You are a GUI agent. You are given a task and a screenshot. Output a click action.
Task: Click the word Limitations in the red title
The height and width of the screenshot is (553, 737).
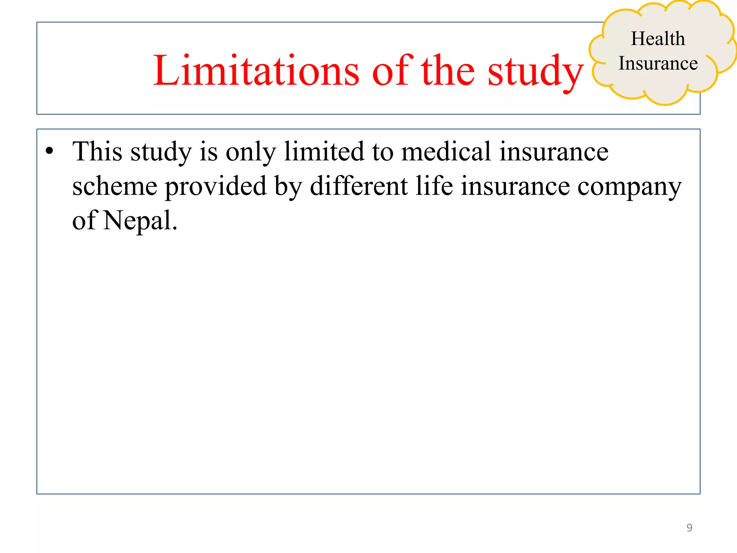[x=256, y=71]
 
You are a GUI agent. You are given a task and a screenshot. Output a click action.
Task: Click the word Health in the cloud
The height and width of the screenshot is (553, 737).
[x=658, y=39]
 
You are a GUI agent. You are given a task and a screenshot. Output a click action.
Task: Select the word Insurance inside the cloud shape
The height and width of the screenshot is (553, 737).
[x=658, y=63]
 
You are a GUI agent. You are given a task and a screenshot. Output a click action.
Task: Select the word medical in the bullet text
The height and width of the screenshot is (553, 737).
[x=446, y=152]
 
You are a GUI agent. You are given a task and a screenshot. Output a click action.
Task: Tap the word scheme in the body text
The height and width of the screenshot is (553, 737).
[x=115, y=186]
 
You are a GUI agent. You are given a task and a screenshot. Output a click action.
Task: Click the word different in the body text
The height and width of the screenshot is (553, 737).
[x=359, y=186]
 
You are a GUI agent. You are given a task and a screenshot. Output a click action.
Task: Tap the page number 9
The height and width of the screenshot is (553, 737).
[x=689, y=527]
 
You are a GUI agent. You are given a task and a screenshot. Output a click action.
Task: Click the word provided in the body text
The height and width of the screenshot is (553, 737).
[x=216, y=187]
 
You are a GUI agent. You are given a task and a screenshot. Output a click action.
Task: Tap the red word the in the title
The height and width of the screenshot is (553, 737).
[x=448, y=71]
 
